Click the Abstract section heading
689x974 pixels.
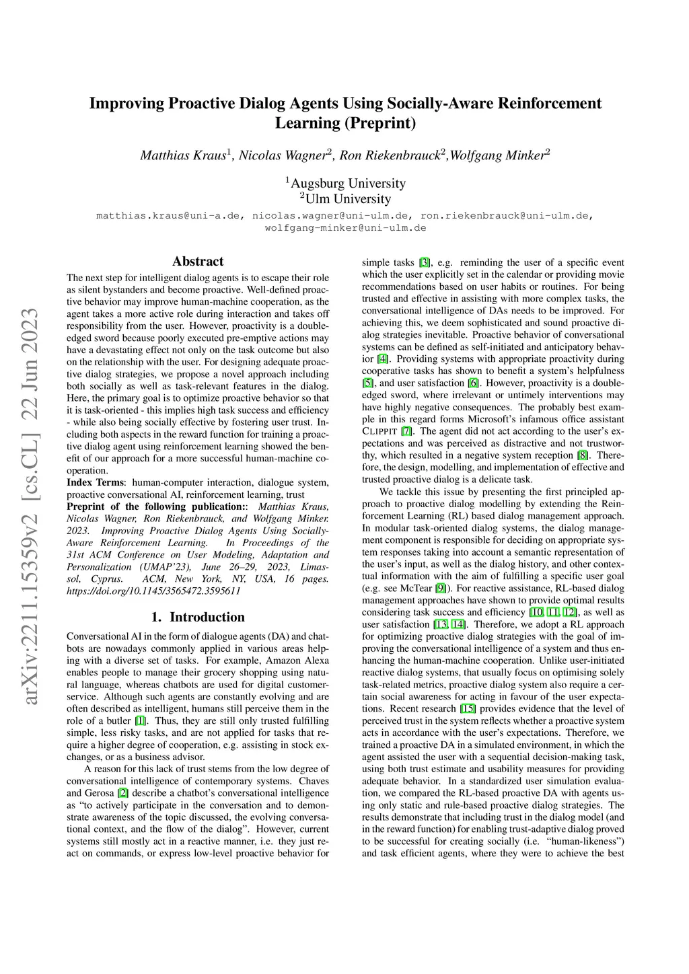pos(198,262)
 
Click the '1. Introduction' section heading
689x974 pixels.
pos(198,617)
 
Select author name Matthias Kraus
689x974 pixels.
pos(183,155)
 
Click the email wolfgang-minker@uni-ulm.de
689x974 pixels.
pos(345,228)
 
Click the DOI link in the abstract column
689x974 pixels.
pos(153,591)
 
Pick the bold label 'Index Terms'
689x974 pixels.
pos(95,482)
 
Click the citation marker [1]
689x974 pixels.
pos(141,720)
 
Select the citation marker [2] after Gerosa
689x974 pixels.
pos(123,793)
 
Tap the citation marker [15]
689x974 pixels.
pos(467,708)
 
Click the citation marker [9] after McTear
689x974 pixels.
pos(440,588)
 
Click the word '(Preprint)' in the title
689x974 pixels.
pos(379,123)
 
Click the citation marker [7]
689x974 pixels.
pos(406,431)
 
